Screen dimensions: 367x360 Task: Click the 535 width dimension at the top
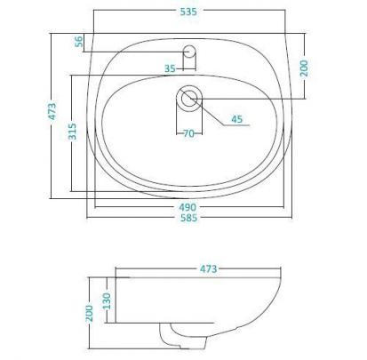(188, 12)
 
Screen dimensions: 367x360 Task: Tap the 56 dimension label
(79, 42)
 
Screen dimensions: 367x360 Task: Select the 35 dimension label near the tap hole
(170, 68)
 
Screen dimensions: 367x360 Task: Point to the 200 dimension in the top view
(304, 68)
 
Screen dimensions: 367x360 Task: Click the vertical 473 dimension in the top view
(52, 111)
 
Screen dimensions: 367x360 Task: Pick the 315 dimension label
(72, 132)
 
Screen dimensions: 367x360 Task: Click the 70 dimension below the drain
(189, 133)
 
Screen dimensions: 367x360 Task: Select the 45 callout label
(237, 119)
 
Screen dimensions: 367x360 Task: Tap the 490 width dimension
(187, 207)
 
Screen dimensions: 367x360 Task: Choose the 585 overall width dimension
(188, 218)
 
